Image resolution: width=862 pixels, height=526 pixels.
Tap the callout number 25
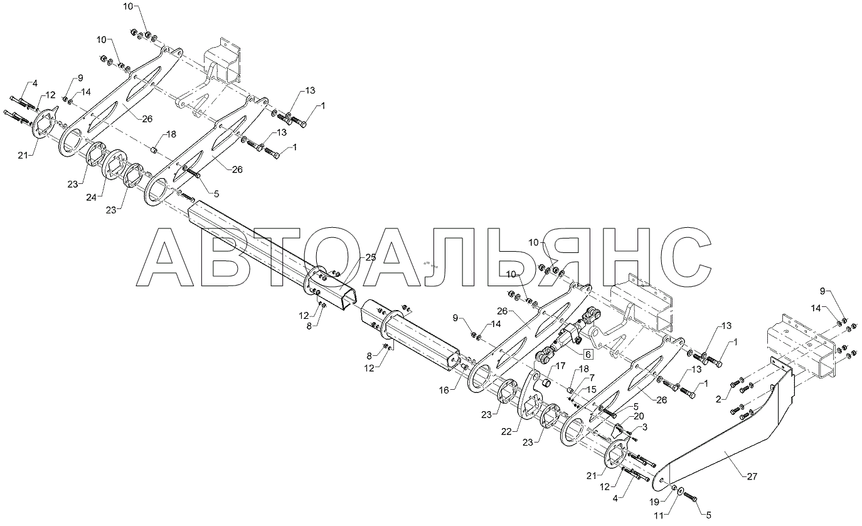[x=370, y=258]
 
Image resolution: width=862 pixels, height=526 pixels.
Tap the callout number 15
[x=591, y=390]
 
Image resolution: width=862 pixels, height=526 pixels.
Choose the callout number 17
[x=560, y=365]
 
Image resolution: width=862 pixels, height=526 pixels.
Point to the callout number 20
[x=638, y=416]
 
